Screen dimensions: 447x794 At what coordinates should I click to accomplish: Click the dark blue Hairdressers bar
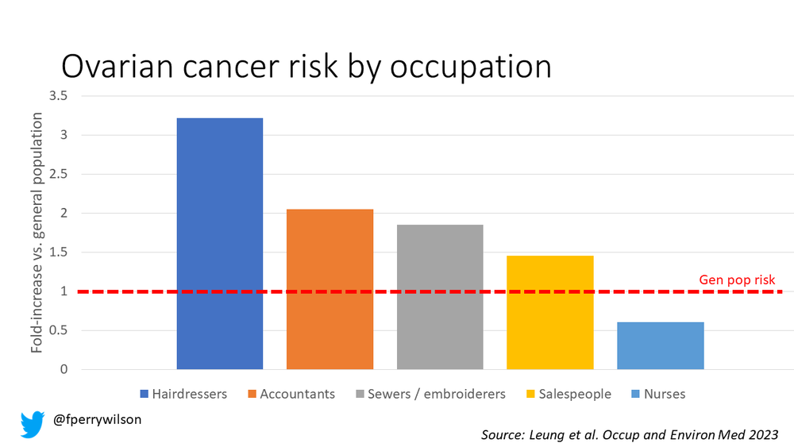pos(219,244)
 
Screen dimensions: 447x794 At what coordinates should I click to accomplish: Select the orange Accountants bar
pos(330,289)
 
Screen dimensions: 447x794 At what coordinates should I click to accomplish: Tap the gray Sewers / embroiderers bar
pos(440,297)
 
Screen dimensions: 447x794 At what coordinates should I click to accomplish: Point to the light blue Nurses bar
pos(660,345)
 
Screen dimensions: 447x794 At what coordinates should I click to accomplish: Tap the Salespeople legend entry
pos(568,394)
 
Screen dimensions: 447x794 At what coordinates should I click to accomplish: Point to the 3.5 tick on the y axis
pos(59,96)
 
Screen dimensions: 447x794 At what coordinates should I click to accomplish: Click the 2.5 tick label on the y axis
pos(59,174)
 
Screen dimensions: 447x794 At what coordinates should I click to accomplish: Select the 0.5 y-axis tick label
pos(59,330)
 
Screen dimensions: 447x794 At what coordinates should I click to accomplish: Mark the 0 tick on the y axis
pos(64,369)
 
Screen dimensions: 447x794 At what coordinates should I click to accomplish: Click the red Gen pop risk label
pos(736,279)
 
